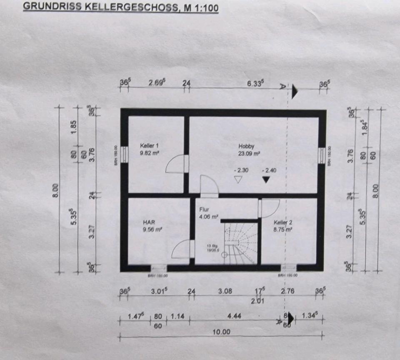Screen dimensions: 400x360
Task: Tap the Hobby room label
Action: point(246,146)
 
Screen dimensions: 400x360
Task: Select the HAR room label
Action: point(149,222)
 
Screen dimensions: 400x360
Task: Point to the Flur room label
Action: point(204,210)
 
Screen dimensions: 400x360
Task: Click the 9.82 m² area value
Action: point(151,153)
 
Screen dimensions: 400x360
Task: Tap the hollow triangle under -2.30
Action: point(238,180)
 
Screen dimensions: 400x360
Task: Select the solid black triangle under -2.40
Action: point(266,180)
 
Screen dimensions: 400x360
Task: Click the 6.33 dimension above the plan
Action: point(256,83)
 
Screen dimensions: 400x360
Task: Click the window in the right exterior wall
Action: point(321,155)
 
